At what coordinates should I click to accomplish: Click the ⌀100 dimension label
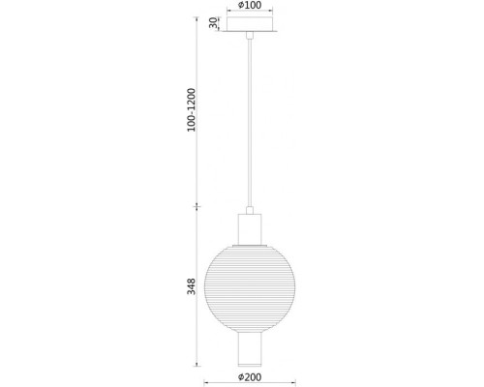pyautogui.click(x=250, y=5)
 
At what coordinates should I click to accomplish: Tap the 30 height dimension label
pyautogui.click(x=213, y=23)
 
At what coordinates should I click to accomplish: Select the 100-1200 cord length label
pyautogui.click(x=192, y=109)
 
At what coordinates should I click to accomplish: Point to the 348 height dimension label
pyautogui.click(x=192, y=286)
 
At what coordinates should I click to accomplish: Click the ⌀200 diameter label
pyautogui.click(x=250, y=377)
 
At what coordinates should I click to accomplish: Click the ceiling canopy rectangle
pyautogui.click(x=250, y=24)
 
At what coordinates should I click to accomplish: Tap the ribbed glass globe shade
pyautogui.click(x=250, y=289)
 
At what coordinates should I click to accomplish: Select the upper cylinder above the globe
pyautogui.click(x=250, y=229)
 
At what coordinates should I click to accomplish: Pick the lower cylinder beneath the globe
pyautogui.click(x=250, y=349)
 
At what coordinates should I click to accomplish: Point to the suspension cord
pyautogui.click(x=250, y=123)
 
